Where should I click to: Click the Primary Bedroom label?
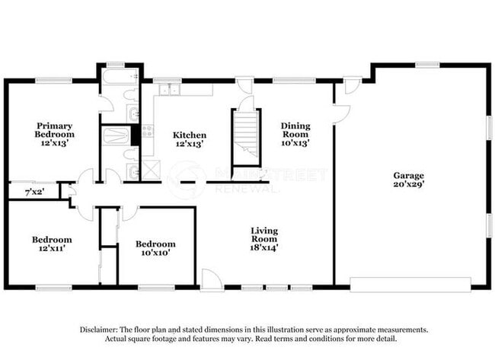54,130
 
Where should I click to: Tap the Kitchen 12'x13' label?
190,140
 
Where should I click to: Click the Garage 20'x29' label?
409,180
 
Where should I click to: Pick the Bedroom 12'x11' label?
52,244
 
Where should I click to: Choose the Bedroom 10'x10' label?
155,248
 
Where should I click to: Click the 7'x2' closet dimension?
33,193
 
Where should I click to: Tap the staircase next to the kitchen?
246,136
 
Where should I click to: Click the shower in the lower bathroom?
117,136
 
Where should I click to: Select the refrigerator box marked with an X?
151,169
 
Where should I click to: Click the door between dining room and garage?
340,113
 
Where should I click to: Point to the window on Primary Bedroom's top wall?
53,80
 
